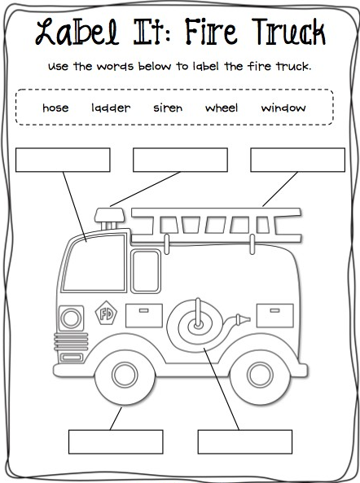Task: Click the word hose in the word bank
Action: (x=55, y=108)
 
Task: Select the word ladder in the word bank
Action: (x=111, y=108)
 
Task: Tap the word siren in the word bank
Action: (x=168, y=108)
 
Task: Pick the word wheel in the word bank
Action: (x=222, y=108)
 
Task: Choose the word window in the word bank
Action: (x=283, y=108)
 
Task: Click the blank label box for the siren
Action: (x=180, y=160)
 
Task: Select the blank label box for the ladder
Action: (x=297, y=160)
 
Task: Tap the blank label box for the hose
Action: (x=245, y=442)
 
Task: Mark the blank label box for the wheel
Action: (x=116, y=442)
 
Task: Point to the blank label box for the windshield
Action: (x=63, y=160)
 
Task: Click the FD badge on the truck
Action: (x=106, y=314)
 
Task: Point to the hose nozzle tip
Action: (x=248, y=319)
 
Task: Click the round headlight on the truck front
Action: (x=71, y=318)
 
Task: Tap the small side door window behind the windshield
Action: (x=146, y=271)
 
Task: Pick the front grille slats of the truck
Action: (x=71, y=342)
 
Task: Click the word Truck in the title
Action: (x=288, y=33)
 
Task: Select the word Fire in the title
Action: (x=211, y=32)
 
